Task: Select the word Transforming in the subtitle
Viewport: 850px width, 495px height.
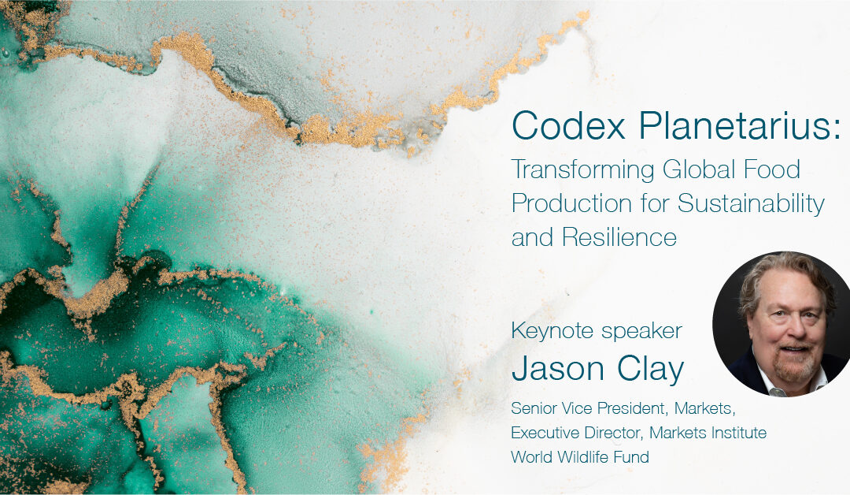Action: coord(582,170)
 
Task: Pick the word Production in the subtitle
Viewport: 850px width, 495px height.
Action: coord(571,203)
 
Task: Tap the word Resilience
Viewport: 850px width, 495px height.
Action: coord(619,237)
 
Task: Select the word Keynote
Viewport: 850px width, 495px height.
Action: coord(549,331)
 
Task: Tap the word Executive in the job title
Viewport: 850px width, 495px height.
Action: coord(548,433)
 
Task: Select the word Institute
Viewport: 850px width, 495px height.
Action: coord(739,433)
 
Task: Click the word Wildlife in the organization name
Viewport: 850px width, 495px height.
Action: coord(582,457)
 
